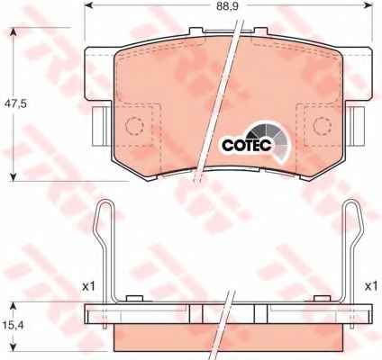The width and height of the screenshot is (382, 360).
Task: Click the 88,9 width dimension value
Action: pos(227,6)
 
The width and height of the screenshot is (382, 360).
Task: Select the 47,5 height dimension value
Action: pos(15,104)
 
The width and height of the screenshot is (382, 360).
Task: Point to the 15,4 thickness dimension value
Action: pos(14,325)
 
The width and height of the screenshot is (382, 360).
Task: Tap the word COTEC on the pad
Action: pos(247,145)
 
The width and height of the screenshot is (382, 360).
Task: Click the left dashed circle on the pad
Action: pos(134,126)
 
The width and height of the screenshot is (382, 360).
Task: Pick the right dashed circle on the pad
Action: pos(323,126)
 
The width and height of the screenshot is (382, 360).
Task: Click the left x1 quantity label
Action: pos(89,286)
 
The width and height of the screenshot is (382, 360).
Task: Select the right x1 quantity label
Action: pos(371,286)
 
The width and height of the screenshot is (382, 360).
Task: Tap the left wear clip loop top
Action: pos(105,202)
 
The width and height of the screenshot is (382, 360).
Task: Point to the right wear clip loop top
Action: pos(352,202)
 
